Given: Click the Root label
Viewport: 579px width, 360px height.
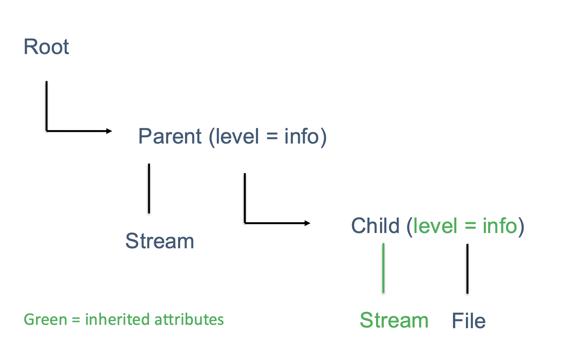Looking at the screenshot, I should [x=46, y=47].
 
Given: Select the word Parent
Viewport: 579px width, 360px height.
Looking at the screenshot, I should [x=170, y=136].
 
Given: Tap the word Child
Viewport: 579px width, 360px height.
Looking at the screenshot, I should [x=375, y=226].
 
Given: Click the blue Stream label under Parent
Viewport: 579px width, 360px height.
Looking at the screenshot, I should [x=160, y=241].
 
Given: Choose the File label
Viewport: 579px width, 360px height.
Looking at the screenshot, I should [x=469, y=321].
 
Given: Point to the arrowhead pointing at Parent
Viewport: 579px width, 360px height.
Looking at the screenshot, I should [x=109, y=131].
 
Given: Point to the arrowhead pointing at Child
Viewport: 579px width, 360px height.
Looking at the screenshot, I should [x=307, y=223].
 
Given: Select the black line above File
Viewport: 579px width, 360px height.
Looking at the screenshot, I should [x=467, y=269].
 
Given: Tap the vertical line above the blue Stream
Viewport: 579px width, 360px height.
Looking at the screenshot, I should [x=149, y=188].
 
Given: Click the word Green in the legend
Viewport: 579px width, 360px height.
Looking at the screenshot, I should [x=45, y=320].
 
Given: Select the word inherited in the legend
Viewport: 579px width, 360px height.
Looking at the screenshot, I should [x=118, y=320].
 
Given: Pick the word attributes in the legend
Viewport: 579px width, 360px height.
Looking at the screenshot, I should [x=189, y=320].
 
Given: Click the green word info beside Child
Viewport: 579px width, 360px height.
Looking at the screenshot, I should [x=500, y=226].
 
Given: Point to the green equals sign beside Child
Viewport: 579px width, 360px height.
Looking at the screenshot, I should [x=470, y=226].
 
